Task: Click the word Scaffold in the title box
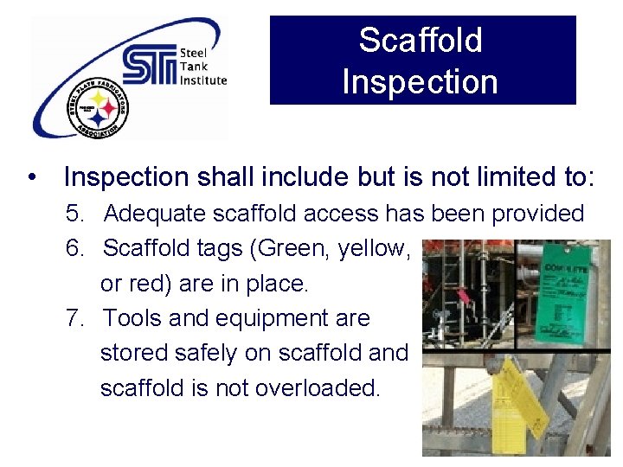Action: (421, 40)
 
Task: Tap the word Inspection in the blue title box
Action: (421, 82)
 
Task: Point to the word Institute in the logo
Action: (203, 80)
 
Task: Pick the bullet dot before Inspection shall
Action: (32, 177)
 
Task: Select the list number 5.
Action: (74, 214)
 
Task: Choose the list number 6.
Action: (74, 249)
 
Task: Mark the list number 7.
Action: (74, 318)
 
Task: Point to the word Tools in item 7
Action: (132, 318)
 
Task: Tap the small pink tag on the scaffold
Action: (463, 296)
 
